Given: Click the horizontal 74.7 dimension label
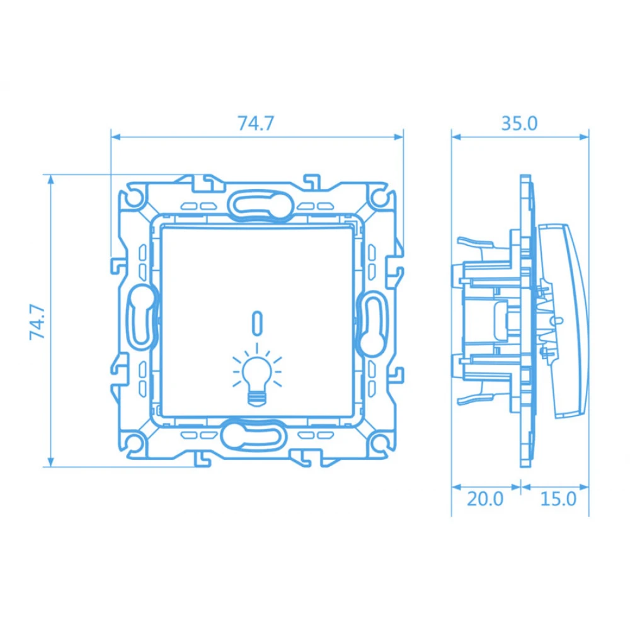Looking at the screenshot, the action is tap(256, 123).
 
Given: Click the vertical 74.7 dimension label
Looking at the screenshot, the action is tap(37, 322).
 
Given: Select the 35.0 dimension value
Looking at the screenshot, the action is tap(519, 123).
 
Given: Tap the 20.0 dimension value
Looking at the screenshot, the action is tap(485, 499).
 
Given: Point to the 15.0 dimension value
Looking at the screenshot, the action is tap(558, 499).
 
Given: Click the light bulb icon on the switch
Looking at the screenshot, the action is tap(257, 374).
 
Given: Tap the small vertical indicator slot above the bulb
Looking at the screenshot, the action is tap(257, 322).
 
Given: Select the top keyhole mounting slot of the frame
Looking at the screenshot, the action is tap(260, 205).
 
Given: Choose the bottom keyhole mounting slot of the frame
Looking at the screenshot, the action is tap(253, 435).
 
